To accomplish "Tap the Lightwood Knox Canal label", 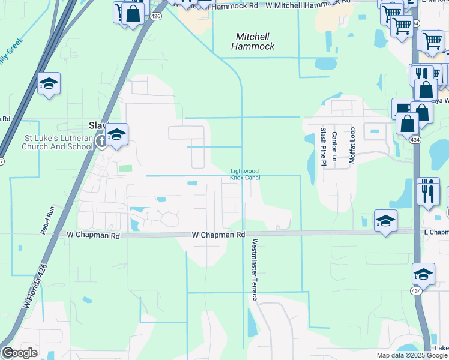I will pos(245,173).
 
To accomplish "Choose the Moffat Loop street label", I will pos(353,145).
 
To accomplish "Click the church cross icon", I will pos(102,142).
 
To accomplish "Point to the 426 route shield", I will pos(155,16).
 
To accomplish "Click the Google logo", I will pos(20,353).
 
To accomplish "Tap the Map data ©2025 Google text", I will pos(411,355).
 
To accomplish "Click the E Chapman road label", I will pos(436,232).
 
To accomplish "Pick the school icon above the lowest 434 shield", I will pos(423,274).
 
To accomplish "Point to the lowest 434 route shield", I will pos(415,290).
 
